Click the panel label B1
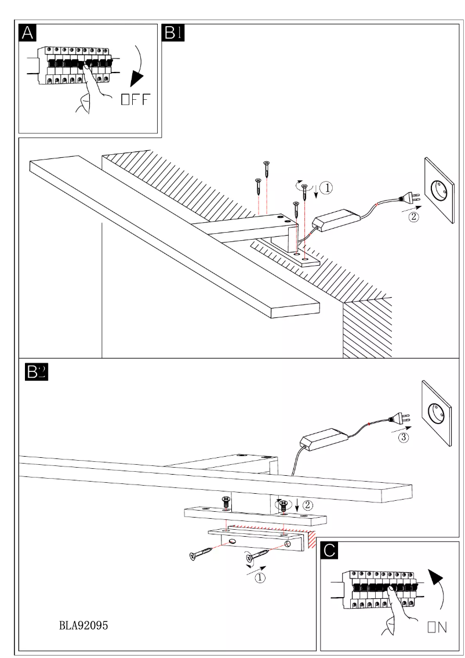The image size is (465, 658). (174, 33)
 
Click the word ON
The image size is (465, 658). (437, 627)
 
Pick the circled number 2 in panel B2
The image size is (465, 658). (308, 505)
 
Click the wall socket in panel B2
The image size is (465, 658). (437, 413)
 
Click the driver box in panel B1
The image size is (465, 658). (334, 221)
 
